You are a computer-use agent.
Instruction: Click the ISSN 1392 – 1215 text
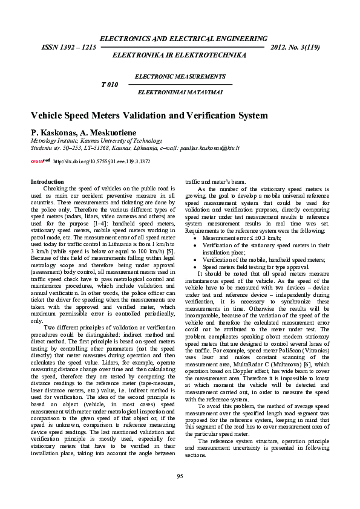(x=69, y=47)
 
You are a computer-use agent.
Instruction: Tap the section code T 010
(x=109, y=85)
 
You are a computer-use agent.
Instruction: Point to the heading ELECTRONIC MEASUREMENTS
(x=180, y=77)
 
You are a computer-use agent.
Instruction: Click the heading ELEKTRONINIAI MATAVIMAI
(x=180, y=92)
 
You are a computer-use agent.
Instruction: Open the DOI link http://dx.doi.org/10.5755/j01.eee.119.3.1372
(x=102, y=161)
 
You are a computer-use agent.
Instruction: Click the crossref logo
(x=40, y=161)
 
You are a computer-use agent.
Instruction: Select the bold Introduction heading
(x=47, y=182)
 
